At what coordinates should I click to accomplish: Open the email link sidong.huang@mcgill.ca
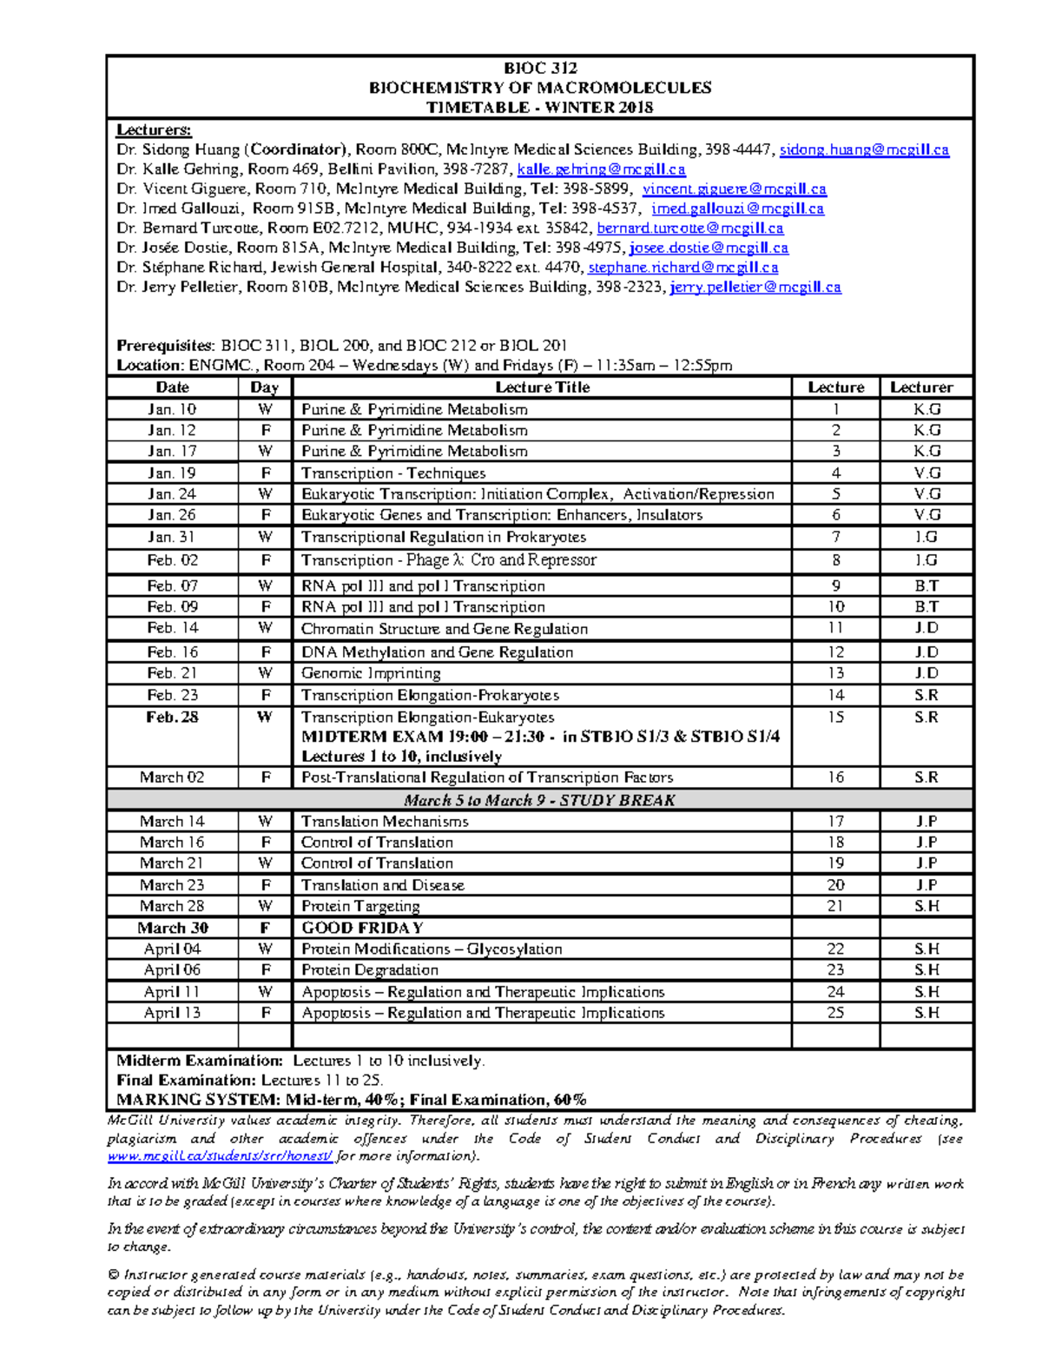(x=864, y=149)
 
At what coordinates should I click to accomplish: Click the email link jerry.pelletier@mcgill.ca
(x=755, y=287)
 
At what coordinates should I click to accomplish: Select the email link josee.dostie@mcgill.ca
(x=709, y=248)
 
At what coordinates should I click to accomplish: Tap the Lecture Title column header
(x=542, y=387)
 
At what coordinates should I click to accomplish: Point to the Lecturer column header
(x=921, y=387)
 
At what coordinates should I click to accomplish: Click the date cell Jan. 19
(x=172, y=473)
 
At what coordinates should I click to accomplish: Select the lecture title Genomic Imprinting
(x=371, y=673)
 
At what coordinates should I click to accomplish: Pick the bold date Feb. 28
(x=172, y=717)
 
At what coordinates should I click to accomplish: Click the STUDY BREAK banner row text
(x=539, y=800)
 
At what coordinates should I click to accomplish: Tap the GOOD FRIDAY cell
(x=362, y=928)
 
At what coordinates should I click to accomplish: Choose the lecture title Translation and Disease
(x=382, y=885)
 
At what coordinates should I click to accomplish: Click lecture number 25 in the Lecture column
(x=835, y=1013)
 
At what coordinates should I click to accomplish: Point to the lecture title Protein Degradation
(x=370, y=970)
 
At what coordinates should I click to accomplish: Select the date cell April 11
(x=172, y=992)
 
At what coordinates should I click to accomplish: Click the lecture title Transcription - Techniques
(x=393, y=473)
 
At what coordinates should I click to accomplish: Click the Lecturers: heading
(x=154, y=130)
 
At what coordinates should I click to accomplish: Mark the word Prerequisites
(x=165, y=345)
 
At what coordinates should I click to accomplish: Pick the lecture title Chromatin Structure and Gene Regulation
(x=445, y=628)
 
